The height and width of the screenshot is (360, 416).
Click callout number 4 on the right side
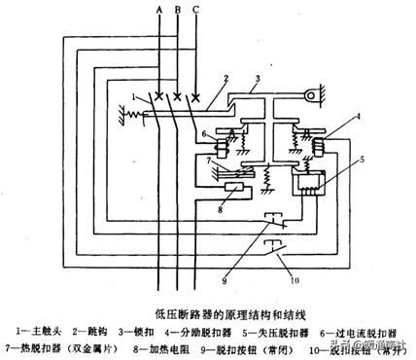(x=329, y=119)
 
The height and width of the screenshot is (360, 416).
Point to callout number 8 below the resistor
(x=222, y=206)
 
